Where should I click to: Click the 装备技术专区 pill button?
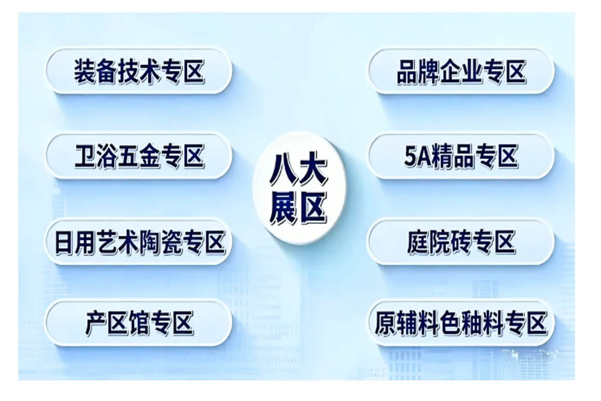pyautogui.click(x=139, y=72)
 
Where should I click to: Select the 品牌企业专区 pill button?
pyautogui.click(x=461, y=72)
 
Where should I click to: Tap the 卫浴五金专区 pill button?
pyautogui.click(x=139, y=156)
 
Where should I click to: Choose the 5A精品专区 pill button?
pyautogui.click(x=461, y=156)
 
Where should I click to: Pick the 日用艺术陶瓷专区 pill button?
pyautogui.click(x=139, y=242)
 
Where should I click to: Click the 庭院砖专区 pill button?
pyautogui.click(x=461, y=242)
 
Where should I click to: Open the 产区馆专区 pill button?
pyautogui.click(x=139, y=323)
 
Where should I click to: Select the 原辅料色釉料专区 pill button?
pyautogui.click(x=461, y=323)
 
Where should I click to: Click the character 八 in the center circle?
pyautogui.click(x=282, y=169)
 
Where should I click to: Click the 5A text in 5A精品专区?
pyautogui.click(x=419, y=156)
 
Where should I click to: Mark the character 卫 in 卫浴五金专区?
pyautogui.click(x=85, y=156)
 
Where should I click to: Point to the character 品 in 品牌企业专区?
pyautogui.click(x=407, y=72)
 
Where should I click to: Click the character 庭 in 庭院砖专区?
pyautogui.click(x=419, y=242)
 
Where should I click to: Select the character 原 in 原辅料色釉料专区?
pyautogui.click(x=385, y=323)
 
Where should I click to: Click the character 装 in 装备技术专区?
pyautogui.click(x=85, y=72)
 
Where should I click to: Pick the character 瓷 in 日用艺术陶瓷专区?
pyautogui.click(x=172, y=242)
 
